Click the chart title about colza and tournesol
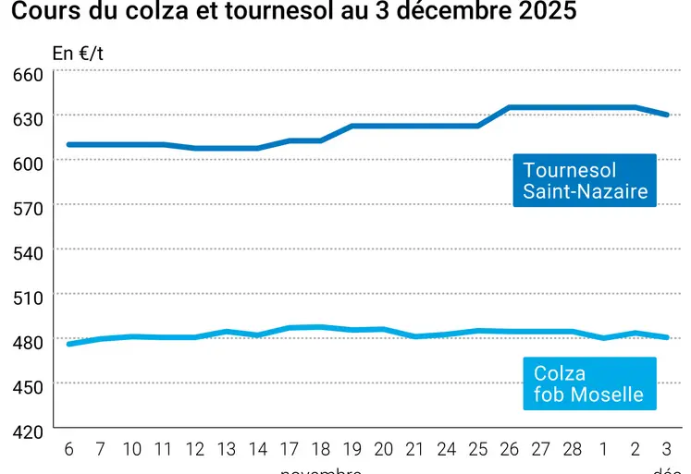293,12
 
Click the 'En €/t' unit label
78,53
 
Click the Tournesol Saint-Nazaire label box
585,180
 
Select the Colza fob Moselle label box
589,384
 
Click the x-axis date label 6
68,449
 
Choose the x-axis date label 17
290,449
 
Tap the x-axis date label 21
415,449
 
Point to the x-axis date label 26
510,449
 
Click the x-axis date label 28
573,449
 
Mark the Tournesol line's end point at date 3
667,115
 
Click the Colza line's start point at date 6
68,344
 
